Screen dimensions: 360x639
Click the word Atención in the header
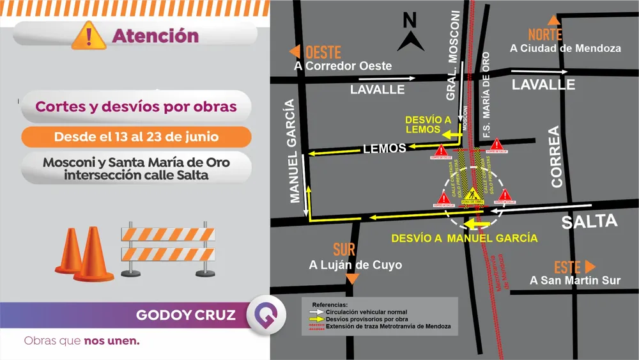(x=155, y=36)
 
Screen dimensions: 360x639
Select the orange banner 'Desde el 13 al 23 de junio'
(x=136, y=137)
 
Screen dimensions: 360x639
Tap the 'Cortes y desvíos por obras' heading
(x=136, y=107)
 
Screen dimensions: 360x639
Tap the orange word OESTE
(x=323, y=52)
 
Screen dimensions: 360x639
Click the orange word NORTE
(x=545, y=35)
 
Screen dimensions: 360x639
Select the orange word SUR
(x=344, y=250)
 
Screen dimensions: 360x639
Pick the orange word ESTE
(x=567, y=267)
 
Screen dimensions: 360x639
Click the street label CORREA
(x=555, y=157)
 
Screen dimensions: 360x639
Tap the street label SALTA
(x=589, y=222)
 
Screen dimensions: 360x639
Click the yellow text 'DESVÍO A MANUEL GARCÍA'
(x=465, y=238)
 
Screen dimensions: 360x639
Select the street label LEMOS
(x=384, y=148)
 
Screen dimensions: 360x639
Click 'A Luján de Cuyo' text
(x=346, y=265)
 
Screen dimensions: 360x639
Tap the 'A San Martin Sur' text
(x=575, y=280)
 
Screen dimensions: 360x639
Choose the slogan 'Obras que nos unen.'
(x=82, y=341)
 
